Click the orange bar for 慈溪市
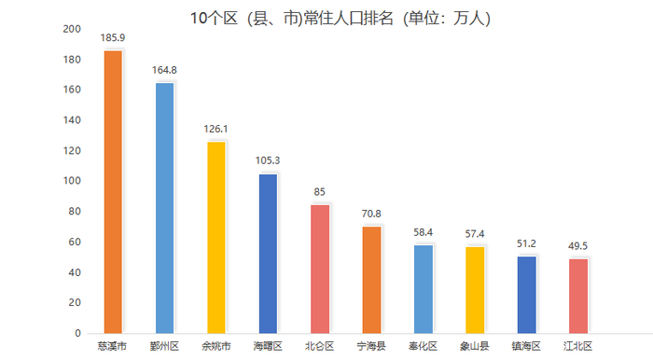click(x=113, y=191)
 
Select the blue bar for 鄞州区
click(x=165, y=208)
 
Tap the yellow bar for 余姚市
click(x=216, y=237)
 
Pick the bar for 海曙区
click(x=268, y=253)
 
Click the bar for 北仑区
click(x=320, y=269)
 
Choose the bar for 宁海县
click(x=371, y=279)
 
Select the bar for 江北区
click(x=578, y=295)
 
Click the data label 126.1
click(x=216, y=130)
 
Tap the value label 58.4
click(x=424, y=232)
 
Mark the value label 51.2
click(x=526, y=243)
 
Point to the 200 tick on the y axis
click(x=71, y=29)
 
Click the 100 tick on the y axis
click(x=71, y=181)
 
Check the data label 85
click(x=320, y=192)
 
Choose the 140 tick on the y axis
click(x=71, y=120)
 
